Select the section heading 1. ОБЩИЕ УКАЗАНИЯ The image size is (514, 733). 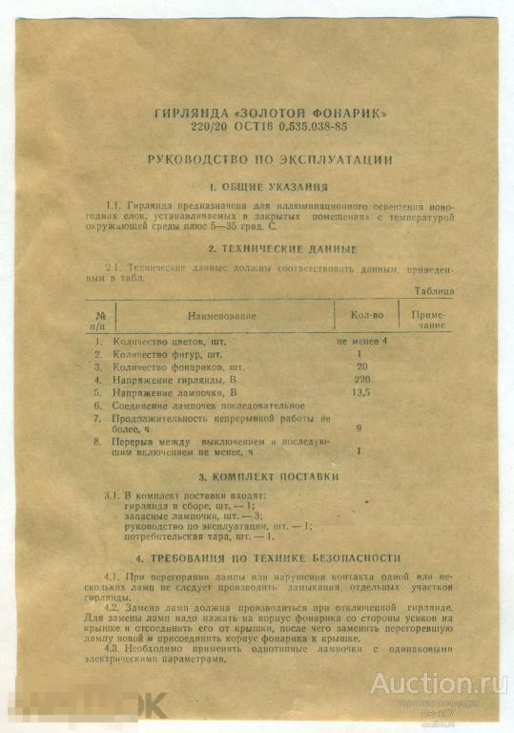click(269, 187)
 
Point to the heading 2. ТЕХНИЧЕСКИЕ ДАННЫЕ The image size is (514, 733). click(270, 249)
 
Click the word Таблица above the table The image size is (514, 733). click(433, 290)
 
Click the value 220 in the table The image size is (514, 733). click(361, 379)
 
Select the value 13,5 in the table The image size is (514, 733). click(361, 391)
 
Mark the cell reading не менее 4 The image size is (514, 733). click(362, 340)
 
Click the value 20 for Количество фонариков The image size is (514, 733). click(361, 366)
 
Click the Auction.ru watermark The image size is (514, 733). click(439, 683)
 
